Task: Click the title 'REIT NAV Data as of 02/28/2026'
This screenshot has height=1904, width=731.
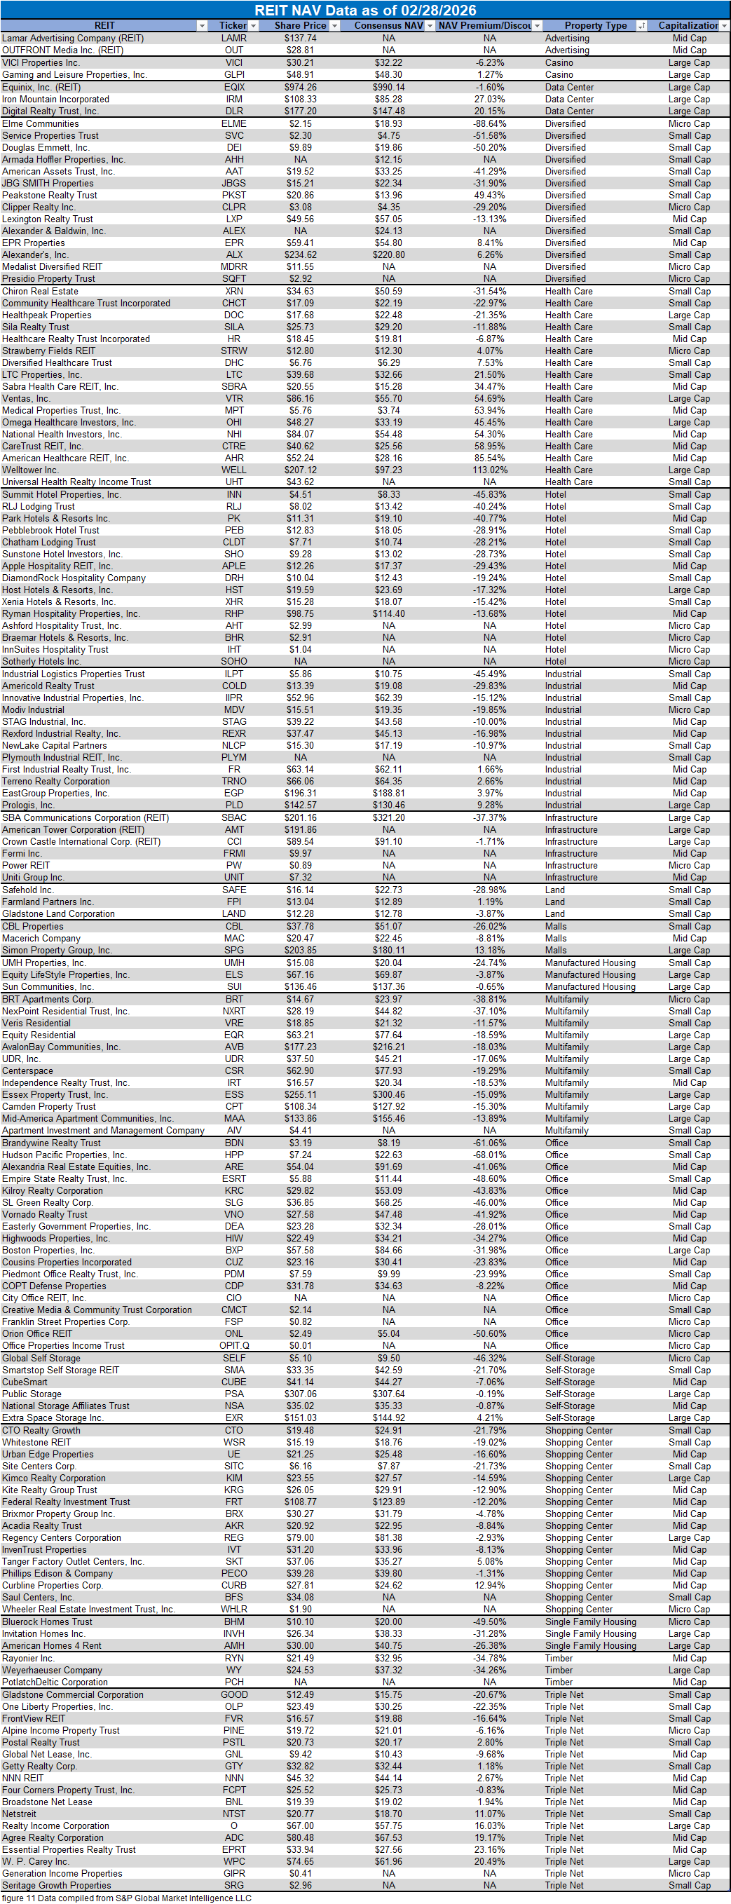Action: pos(365,11)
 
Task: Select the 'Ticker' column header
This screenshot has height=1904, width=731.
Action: pos(233,26)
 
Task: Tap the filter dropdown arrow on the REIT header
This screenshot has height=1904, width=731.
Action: pos(202,26)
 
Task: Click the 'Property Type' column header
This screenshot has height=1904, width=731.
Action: pos(595,26)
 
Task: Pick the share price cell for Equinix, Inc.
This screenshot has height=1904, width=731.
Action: pos(300,87)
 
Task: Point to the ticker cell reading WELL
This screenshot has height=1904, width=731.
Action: pos(233,470)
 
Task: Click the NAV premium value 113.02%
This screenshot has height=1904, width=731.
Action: pos(489,470)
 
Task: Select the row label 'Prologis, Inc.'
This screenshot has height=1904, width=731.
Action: pos(28,805)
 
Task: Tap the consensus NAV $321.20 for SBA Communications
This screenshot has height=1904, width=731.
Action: pos(388,817)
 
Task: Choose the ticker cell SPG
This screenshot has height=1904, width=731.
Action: pos(233,951)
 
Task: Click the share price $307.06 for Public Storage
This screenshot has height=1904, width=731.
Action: pos(300,1394)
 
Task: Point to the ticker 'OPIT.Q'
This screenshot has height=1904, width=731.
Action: pos(233,1346)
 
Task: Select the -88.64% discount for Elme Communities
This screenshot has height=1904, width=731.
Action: pos(489,123)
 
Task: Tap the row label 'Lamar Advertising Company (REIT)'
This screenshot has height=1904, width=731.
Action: pos(72,39)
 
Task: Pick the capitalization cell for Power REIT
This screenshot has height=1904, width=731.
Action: pos(689,866)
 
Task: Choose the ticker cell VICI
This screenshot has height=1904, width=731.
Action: pos(233,63)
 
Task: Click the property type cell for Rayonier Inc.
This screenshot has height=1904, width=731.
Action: pos(559,1658)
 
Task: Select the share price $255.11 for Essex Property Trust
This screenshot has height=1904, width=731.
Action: pos(300,1094)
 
